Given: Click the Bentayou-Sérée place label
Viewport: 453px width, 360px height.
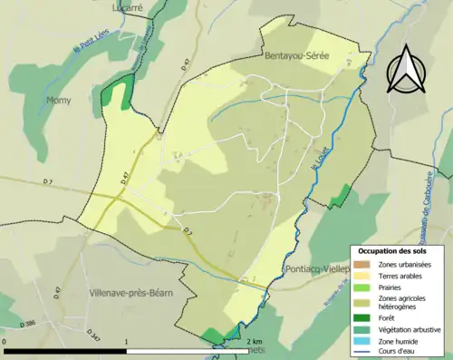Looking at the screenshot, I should [x=296, y=56].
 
